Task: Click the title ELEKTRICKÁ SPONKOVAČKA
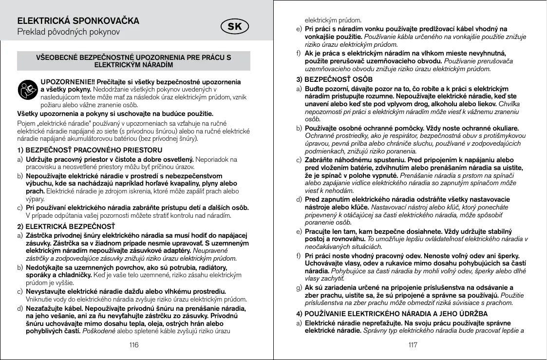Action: coord(78,21)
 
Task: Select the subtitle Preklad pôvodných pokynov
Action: coord(69,33)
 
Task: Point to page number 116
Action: coord(133,345)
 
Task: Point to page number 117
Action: coord(413,345)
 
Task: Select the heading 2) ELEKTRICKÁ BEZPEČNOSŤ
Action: coord(66,226)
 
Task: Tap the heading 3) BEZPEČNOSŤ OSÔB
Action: coord(335,79)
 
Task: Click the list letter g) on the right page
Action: coord(299,287)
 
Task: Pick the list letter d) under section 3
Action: coord(299,200)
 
